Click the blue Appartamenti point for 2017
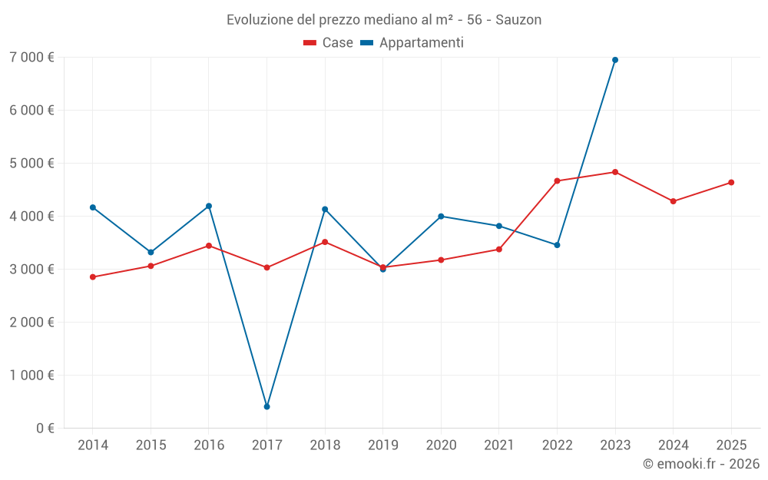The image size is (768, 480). [266, 406]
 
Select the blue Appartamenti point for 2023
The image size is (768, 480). [615, 60]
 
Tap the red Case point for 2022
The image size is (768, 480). [557, 181]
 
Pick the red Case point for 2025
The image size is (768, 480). [731, 182]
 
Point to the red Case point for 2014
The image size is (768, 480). [93, 277]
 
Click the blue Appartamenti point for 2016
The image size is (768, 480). [209, 206]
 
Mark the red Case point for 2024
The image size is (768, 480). [673, 201]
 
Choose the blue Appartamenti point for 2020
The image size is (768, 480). [441, 217]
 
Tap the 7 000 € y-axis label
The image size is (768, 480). [31, 57]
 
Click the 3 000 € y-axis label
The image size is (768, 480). [31, 269]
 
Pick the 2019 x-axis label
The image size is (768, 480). [382, 445]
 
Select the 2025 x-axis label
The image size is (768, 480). [731, 445]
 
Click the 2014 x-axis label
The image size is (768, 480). [93, 445]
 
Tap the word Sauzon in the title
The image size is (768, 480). [518, 20]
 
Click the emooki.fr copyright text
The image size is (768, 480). [700, 464]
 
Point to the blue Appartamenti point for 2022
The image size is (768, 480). [557, 245]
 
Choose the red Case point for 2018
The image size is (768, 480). [325, 242]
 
